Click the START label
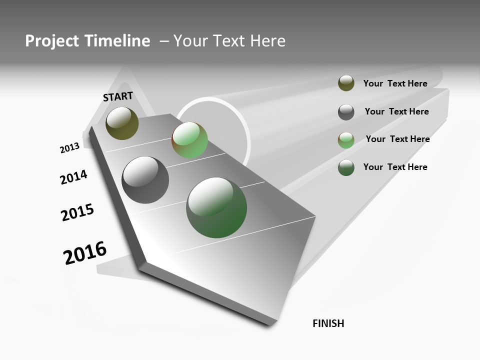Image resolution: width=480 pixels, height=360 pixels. coord(118,96)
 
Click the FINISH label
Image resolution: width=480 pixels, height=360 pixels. coord(328,323)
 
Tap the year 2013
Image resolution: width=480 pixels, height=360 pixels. coord(70,148)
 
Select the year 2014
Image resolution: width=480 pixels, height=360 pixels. coord(74,177)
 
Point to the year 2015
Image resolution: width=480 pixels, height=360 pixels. coord(77,212)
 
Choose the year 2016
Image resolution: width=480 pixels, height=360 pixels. coord(85,253)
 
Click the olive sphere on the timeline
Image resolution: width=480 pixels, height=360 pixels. coord(122,123)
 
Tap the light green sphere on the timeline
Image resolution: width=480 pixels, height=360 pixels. coord(189,140)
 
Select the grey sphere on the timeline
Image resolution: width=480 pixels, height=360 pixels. coord(145,180)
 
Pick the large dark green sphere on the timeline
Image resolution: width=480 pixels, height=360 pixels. coord(216,207)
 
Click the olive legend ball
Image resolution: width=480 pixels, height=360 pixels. coord(346,83)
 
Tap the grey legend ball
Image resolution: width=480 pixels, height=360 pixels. coord(346,112)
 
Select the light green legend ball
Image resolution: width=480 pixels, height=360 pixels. coord(346,140)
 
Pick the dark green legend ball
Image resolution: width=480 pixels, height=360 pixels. coord(346,167)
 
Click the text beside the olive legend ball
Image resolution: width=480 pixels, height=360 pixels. coord(395,83)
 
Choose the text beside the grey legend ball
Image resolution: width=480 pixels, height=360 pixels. coord(396,111)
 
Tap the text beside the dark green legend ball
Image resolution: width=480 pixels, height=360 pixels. coord(395,167)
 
